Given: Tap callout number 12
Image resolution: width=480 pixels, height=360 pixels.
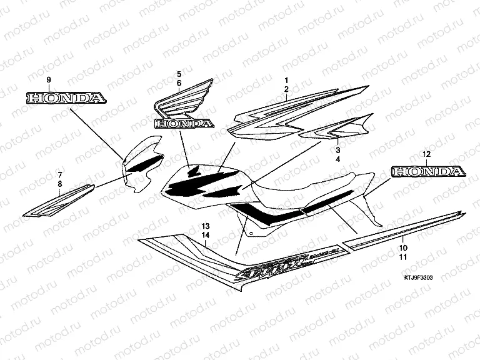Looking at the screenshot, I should tap(426, 154).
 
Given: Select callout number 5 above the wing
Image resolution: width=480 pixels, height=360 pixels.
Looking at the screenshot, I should tap(178, 74).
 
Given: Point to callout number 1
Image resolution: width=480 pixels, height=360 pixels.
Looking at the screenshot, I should tap(286, 81).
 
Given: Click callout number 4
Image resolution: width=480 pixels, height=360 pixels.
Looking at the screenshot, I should tap(337, 160).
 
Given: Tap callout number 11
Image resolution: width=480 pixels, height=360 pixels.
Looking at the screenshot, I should tap(403, 257).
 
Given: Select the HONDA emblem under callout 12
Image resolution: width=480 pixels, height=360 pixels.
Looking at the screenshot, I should tap(428, 171).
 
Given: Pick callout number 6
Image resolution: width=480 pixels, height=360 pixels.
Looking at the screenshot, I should tap(178, 83).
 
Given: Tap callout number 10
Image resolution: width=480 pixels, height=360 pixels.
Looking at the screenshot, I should tap(403, 247).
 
